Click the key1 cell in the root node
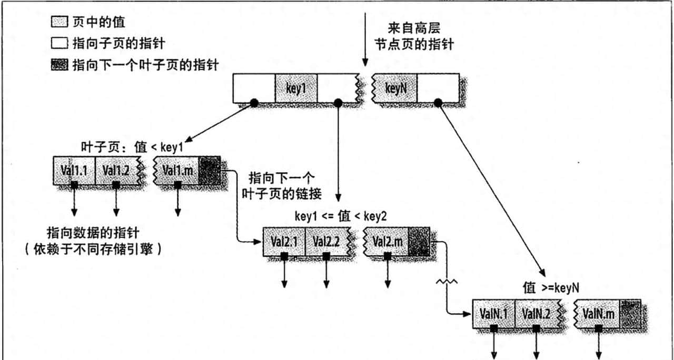296,88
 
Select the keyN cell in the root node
395,88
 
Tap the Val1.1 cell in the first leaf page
74,170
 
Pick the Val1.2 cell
116,170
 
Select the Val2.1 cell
284,242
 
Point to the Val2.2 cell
325,242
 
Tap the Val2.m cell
387,242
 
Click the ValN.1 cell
493,314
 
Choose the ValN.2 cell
536,314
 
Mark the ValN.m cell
598,314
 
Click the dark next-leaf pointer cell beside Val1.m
210,170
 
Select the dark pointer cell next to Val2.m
420,242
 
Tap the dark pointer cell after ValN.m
630,314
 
